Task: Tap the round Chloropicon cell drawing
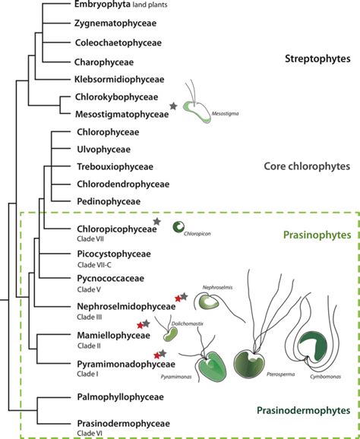[181, 227]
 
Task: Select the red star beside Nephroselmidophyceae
[178, 298]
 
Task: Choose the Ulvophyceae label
[103, 150]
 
